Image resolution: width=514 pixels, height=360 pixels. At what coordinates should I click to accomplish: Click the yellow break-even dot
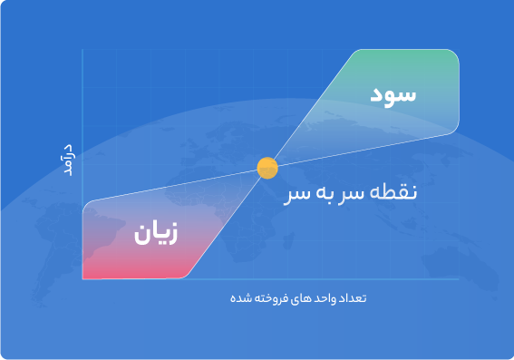click(267, 168)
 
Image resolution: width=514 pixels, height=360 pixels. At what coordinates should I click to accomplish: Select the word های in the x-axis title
click(291, 299)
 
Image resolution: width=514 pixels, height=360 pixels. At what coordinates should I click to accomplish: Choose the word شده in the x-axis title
click(238, 299)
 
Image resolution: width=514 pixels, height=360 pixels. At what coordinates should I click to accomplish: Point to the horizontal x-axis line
click(272, 279)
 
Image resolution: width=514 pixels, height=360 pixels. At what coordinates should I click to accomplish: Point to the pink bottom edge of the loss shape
click(136, 277)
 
